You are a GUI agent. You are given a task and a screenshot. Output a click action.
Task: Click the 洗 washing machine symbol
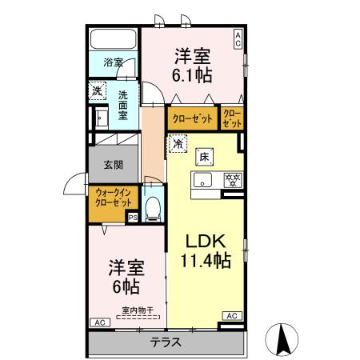(96, 92)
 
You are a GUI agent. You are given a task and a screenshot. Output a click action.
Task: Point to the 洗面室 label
(123, 103)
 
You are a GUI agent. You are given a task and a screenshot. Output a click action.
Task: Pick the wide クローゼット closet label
(192, 118)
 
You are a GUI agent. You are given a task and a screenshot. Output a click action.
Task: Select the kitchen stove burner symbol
(233, 179)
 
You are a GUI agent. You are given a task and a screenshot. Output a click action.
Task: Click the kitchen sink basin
(203, 179)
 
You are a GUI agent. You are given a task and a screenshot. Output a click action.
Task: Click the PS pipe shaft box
(133, 216)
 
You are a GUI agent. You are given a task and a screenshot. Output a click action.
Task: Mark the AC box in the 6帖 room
(99, 322)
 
